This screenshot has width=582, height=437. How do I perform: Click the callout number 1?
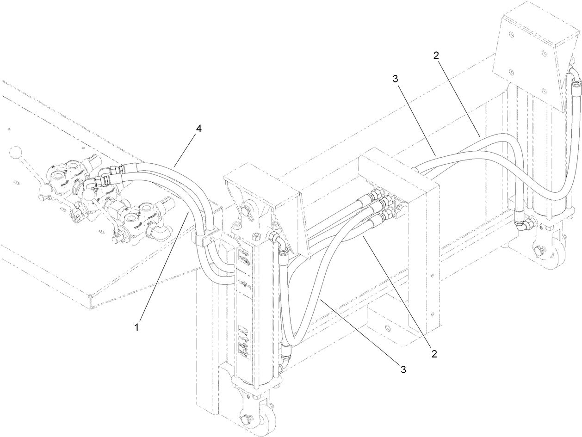coord(136,328)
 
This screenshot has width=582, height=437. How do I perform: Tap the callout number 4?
coord(198,129)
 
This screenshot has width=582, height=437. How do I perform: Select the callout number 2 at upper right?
coord(436,55)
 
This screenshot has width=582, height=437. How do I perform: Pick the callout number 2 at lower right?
coord(434,354)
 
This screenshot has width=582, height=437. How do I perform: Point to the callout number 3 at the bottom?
coord(403,369)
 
